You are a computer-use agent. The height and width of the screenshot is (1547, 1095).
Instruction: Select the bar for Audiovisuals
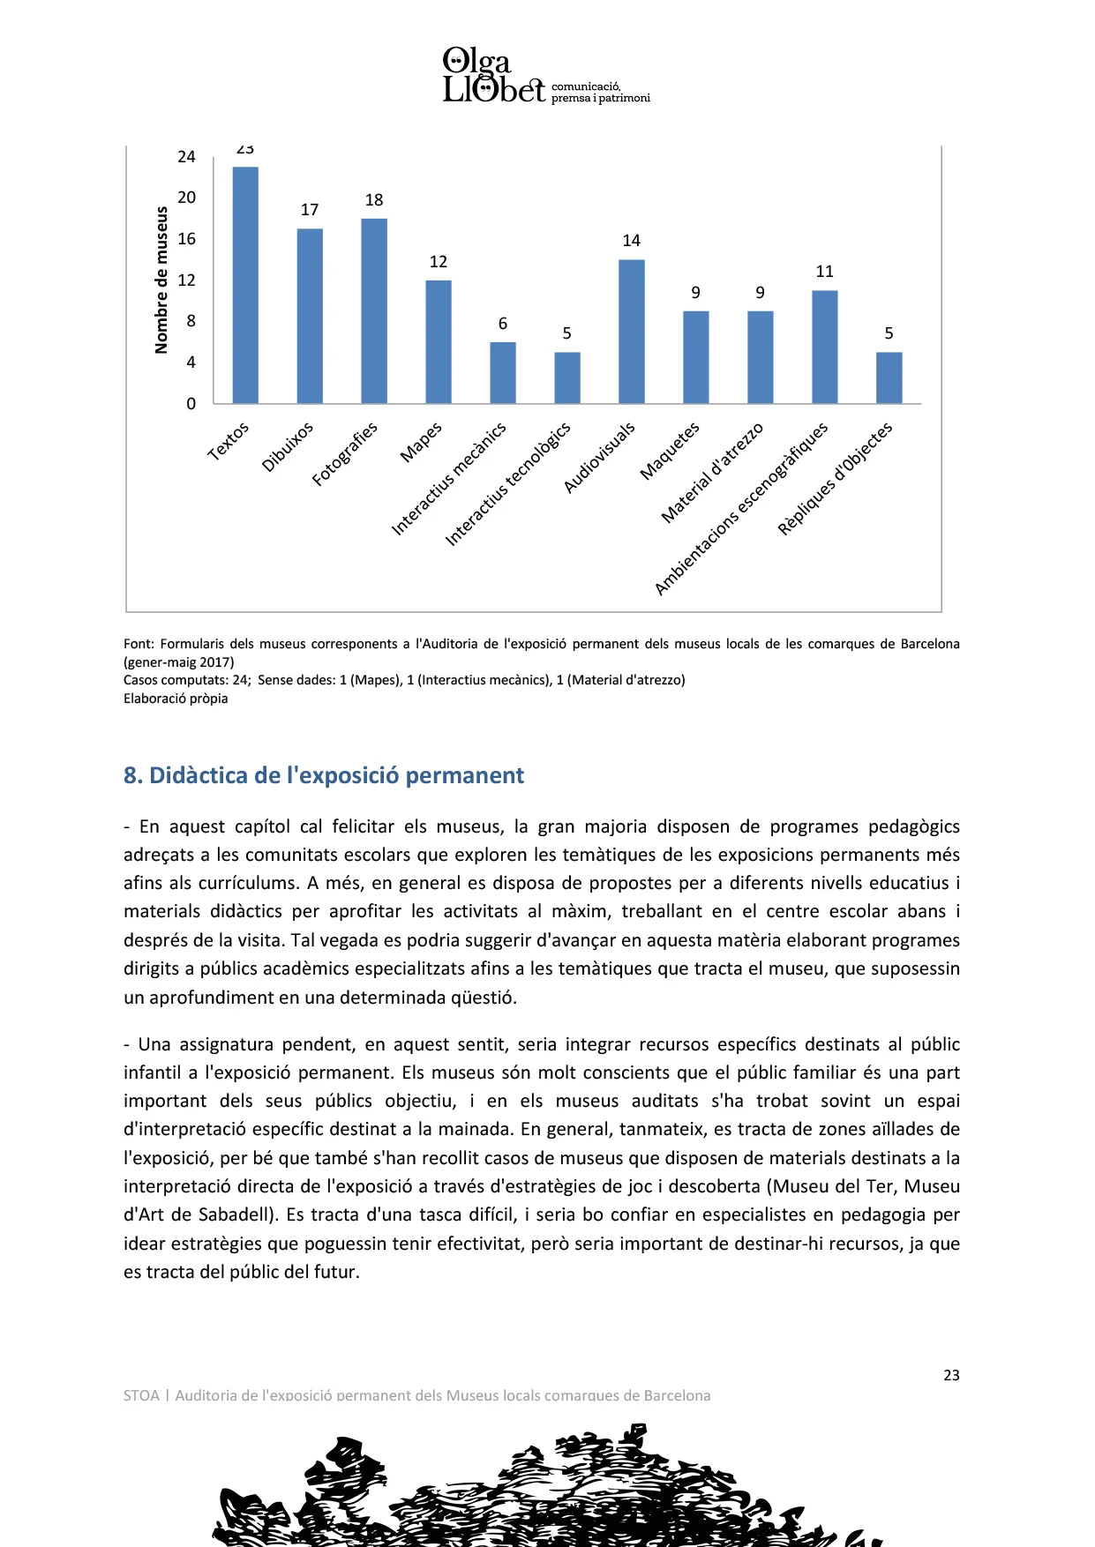point(631,332)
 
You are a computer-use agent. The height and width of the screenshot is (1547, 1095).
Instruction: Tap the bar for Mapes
point(439,342)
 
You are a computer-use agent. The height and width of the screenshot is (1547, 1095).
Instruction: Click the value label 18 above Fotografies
point(374,200)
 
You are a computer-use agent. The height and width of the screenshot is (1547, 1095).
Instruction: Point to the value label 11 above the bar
point(824,272)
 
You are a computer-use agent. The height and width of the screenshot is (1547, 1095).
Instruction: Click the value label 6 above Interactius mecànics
point(503,324)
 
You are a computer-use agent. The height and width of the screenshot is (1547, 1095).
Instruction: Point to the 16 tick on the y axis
point(186,239)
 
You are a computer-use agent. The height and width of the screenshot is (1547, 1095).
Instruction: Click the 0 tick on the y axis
point(191,404)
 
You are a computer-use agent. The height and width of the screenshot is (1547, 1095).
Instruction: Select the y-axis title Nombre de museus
point(161,280)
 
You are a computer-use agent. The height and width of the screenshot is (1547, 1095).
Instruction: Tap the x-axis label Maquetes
point(670,451)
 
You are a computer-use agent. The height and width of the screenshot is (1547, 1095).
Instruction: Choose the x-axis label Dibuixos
point(288,447)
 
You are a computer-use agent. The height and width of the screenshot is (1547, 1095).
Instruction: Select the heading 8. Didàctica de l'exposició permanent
point(324,775)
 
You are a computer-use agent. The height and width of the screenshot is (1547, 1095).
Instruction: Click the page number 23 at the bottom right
point(951,1375)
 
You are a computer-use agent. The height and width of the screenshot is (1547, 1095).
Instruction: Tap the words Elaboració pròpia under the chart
point(176,699)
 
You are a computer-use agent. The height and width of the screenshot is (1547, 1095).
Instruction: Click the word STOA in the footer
point(141,1395)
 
